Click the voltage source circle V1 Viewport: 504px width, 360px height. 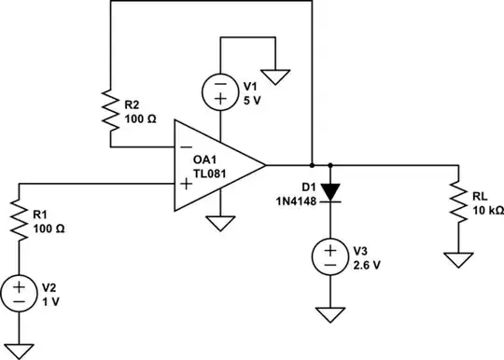pyautogui.click(x=219, y=90)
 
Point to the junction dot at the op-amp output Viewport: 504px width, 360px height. pyautogui.click(x=311, y=165)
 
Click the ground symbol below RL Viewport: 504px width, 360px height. pyautogui.click(x=457, y=258)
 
